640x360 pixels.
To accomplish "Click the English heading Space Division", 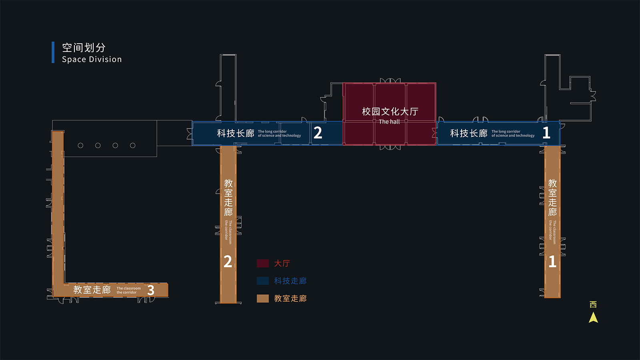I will tap(92, 59).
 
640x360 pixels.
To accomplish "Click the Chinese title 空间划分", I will tap(84, 48).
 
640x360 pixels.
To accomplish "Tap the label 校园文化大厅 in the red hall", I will tap(390, 111).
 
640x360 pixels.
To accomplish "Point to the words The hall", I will tap(389, 122).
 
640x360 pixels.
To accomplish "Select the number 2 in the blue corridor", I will tap(318, 133).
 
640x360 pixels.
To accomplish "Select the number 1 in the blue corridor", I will tap(546, 133).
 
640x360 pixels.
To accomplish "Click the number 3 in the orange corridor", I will tap(151, 290).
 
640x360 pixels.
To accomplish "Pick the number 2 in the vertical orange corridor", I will tap(228, 262).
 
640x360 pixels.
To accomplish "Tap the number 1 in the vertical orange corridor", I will tap(552, 262).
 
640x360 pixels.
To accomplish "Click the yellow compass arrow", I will tap(593, 318).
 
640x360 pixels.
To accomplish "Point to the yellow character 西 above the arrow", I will tap(593, 304).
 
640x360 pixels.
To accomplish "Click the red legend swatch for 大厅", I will tap(263, 263).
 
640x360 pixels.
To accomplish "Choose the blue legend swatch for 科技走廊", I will tap(263, 281).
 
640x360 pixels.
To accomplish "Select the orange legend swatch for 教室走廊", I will tap(263, 298).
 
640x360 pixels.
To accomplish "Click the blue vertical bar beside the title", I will tap(53, 52).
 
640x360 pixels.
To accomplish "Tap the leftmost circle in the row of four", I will tap(80, 146).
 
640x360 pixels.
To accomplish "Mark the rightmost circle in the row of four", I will tap(132, 146).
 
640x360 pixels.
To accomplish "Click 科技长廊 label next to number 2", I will tap(236, 133).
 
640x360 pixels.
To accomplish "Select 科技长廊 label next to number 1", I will tap(468, 133).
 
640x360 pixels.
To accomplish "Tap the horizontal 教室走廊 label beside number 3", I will tap(92, 290).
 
